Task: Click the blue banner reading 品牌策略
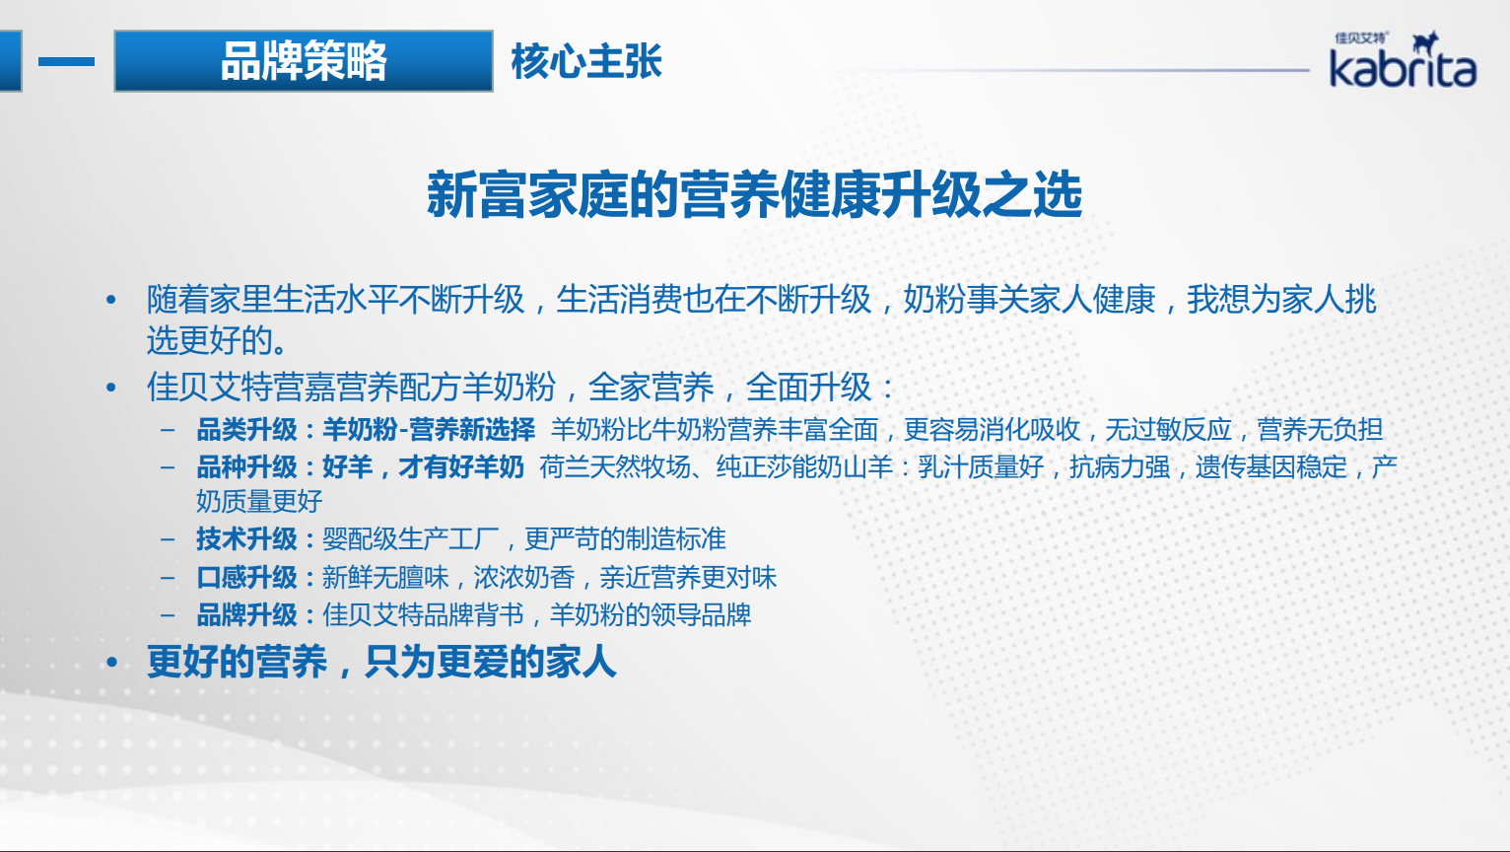pyautogui.click(x=304, y=61)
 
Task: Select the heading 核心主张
pyautogui.click(x=586, y=61)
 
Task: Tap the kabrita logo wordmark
pyautogui.click(x=1403, y=69)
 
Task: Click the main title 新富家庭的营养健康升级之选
pyautogui.click(x=754, y=195)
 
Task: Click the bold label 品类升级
pyautogui.click(x=246, y=430)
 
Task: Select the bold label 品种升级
pyautogui.click(x=246, y=467)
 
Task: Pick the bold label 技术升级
pyautogui.click(x=246, y=539)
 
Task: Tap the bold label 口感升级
pyautogui.click(x=246, y=578)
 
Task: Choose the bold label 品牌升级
pyautogui.click(x=246, y=615)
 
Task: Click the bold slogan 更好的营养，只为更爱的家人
pyautogui.click(x=381, y=662)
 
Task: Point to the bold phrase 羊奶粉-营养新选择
pyautogui.click(x=429, y=430)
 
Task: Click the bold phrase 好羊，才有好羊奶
pyautogui.click(x=424, y=467)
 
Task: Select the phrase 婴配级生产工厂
pyautogui.click(x=411, y=539)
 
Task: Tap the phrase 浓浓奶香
pyautogui.click(x=523, y=578)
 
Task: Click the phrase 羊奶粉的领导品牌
pyautogui.click(x=651, y=615)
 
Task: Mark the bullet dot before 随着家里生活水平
pyautogui.click(x=111, y=300)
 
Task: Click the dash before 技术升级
pyautogui.click(x=168, y=539)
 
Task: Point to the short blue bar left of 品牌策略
pyautogui.click(x=66, y=61)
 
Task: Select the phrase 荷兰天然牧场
pyautogui.click(x=615, y=467)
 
